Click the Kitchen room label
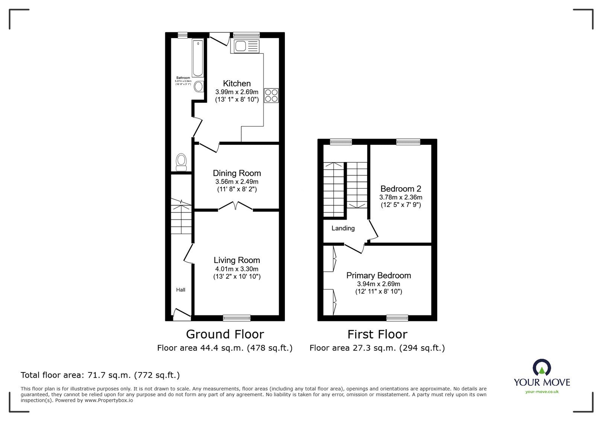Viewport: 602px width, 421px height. click(x=237, y=84)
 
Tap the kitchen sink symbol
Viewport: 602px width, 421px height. click(x=247, y=47)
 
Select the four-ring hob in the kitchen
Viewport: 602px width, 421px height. click(x=271, y=95)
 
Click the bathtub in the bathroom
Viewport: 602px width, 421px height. click(x=198, y=58)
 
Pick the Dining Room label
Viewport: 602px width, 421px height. click(x=237, y=173)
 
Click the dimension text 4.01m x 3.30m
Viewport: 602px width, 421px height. click(x=237, y=269)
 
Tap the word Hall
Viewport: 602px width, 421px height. click(x=181, y=290)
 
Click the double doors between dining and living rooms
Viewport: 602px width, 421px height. click(x=236, y=206)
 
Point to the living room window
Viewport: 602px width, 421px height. click(x=237, y=318)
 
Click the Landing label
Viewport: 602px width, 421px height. click(x=343, y=228)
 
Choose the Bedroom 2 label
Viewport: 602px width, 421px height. click(x=400, y=189)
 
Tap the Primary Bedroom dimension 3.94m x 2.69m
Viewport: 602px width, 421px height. click(x=379, y=284)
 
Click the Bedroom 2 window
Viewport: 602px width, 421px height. click(x=408, y=142)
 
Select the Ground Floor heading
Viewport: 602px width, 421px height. click(x=225, y=334)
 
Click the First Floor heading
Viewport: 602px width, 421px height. click(x=377, y=334)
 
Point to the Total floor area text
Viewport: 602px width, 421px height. click(x=100, y=375)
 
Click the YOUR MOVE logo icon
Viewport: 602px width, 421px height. click(x=542, y=368)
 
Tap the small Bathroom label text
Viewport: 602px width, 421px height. click(x=183, y=78)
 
